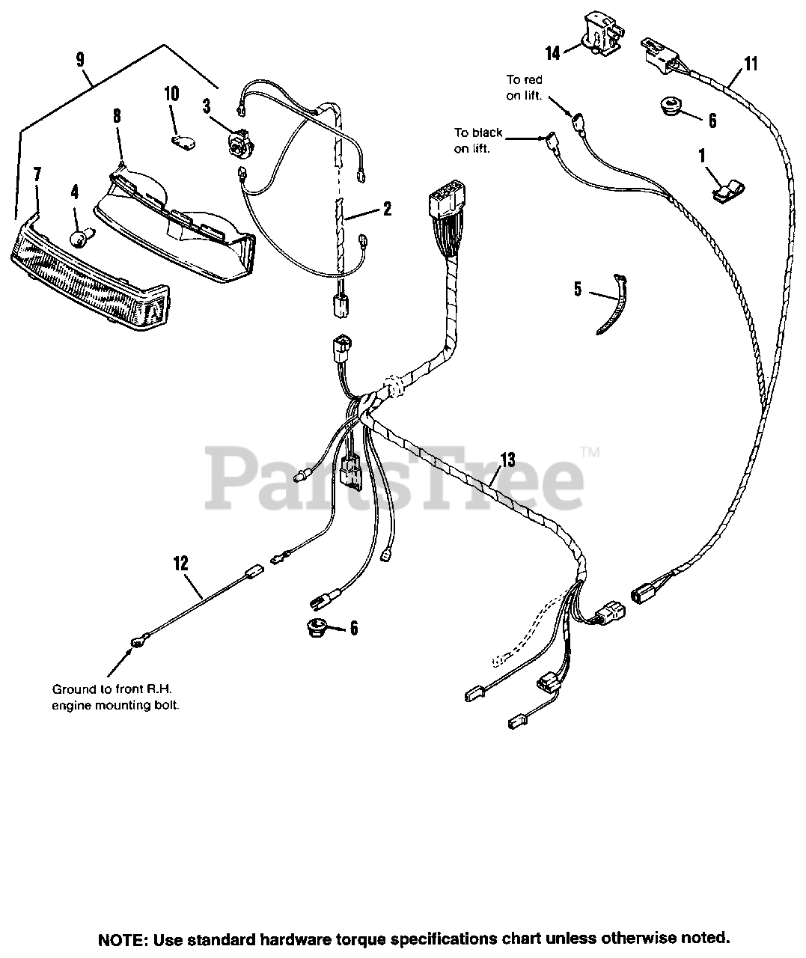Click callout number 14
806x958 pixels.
(x=552, y=53)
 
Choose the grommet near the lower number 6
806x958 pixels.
(x=320, y=626)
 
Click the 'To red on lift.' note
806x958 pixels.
(x=524, y=85)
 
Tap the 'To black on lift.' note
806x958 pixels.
(x=477, y=140)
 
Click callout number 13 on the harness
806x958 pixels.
(x=508, y=459)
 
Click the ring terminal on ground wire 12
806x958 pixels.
(x=137, y=641)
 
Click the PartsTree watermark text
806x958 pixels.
(x=394, y=475)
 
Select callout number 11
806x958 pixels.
(x=751, y=64)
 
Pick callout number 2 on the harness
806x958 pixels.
(x=386, y=210)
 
